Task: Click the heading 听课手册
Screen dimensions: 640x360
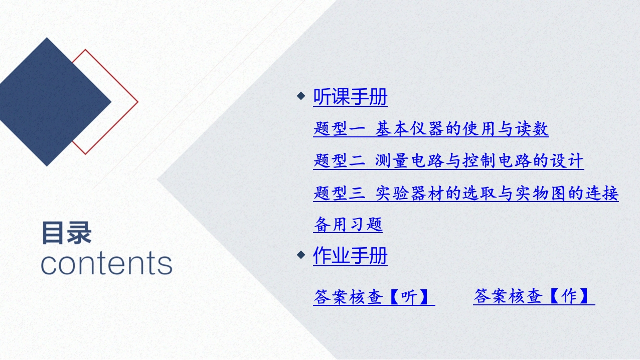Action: [350, 97]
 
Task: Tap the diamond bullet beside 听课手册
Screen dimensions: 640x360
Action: [301, 96]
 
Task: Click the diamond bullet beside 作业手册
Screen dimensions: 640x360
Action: [301, 255]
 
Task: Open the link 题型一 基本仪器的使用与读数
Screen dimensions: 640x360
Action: [431, 129]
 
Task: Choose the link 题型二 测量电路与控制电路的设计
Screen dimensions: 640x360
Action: [448, 161]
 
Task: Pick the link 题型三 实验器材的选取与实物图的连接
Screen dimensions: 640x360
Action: [466, 194]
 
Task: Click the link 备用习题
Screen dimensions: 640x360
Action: [348, 225]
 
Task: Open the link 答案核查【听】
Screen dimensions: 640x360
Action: [374, 297]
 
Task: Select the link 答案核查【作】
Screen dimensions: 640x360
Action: [534, 296]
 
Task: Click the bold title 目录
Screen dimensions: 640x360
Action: [67, 233]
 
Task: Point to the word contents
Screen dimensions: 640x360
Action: [106, 263]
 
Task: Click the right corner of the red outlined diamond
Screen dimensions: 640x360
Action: [138, 101]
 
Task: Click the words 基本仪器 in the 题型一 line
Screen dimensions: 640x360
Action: [410, 129]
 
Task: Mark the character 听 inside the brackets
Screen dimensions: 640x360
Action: [409, 297]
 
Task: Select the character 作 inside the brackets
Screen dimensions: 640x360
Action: [569, 296]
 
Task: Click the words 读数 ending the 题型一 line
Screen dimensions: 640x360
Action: [532, 129]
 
